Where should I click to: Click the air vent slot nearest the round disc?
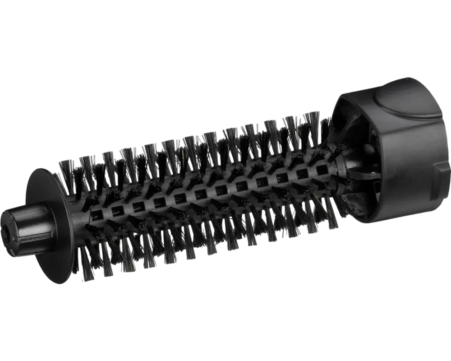[x=97, y=212]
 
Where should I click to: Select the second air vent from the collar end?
[x=302, y=173]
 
